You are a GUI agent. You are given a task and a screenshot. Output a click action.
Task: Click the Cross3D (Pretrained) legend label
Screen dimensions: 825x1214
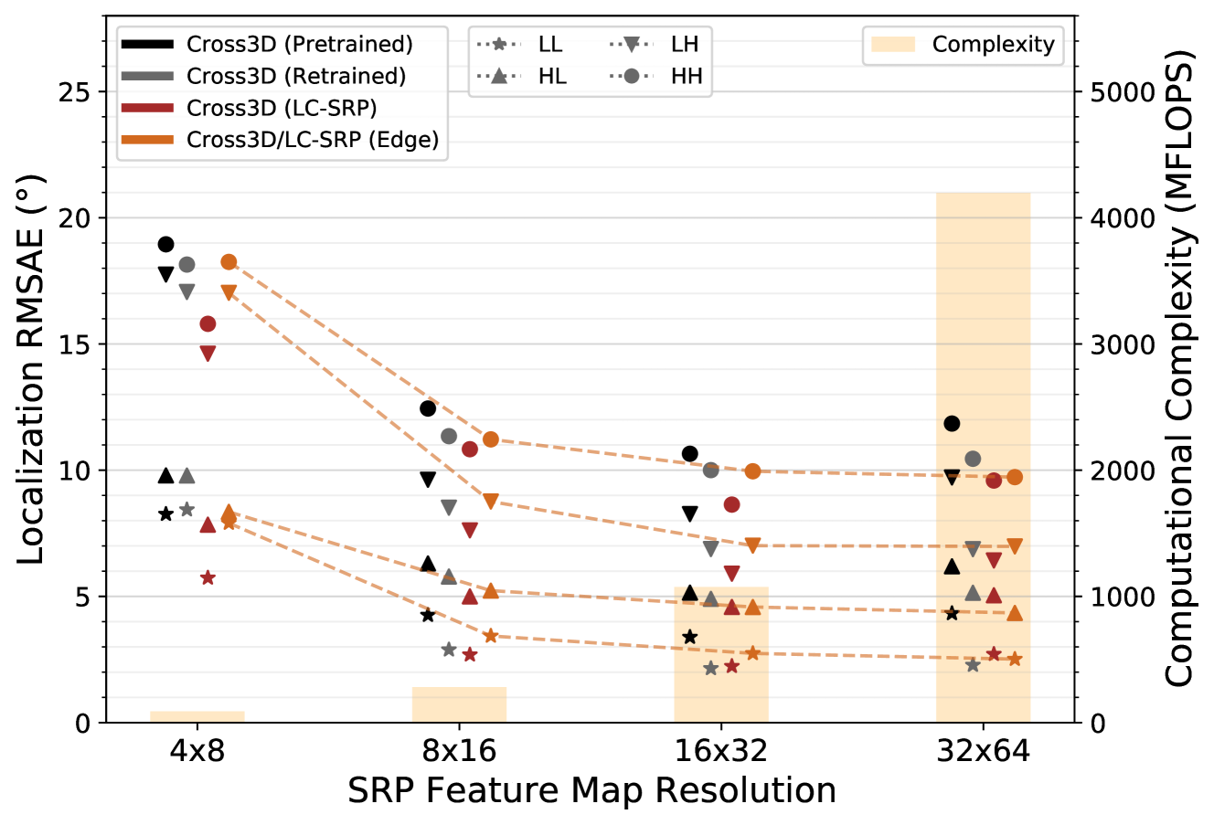tap(299, 44)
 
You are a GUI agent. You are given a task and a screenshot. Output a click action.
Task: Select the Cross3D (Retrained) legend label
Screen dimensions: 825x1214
tap(296, 76)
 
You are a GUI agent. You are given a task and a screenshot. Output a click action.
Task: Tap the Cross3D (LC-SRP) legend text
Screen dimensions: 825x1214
tap(282, 108)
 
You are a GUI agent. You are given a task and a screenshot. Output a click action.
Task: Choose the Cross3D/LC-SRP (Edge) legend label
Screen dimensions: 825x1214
tap(313, 140)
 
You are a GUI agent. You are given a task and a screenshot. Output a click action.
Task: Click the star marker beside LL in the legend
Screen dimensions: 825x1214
tap(498, 44)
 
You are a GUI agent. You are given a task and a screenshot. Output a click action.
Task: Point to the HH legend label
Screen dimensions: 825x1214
tap(687, 76)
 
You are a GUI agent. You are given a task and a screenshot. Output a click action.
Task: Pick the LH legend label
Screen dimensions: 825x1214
tap(685, 44)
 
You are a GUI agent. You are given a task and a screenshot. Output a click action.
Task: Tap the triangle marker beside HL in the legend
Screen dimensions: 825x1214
tap(498, 76)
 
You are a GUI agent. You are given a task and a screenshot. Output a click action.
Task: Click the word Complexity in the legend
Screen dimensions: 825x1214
tap(993, 44)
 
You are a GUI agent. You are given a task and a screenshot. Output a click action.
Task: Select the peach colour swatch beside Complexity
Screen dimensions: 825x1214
tap(892, 44)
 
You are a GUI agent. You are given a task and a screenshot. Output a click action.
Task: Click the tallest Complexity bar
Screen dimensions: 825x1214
tap(983, 365)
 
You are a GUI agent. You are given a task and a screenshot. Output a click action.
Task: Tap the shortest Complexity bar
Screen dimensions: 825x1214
tap(197, 716)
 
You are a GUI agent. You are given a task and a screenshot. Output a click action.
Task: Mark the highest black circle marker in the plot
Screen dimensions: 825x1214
tap(165, 244)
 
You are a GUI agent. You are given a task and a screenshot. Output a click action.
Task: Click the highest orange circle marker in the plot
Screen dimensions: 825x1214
tap(229, 262)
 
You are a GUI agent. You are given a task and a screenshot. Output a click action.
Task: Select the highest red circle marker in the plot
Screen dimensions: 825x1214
tap(208, 323)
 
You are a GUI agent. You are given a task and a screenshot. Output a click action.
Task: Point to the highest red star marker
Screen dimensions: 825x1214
tap(208, 577)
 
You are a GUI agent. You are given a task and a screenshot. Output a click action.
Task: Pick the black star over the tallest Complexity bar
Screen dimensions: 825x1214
tap(952, 613)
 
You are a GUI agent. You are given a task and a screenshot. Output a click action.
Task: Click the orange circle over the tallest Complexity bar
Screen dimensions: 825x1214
tap(1015, 477)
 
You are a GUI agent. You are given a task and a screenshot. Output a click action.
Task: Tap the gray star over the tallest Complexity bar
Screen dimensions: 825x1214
tap(973, 665)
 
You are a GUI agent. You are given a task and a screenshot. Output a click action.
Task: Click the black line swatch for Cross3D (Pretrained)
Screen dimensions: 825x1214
tap(146, 44)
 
